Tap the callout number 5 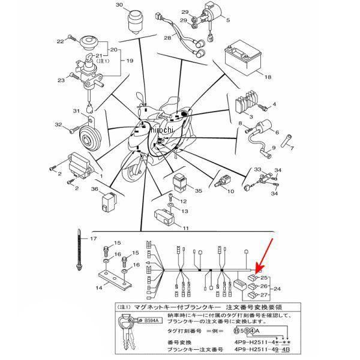[x=227, y=20]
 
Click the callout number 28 [x=168, y=38]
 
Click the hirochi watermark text [x=161, y=130]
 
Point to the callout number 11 [x=186, y=229]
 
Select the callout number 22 [x=59, y=41]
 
